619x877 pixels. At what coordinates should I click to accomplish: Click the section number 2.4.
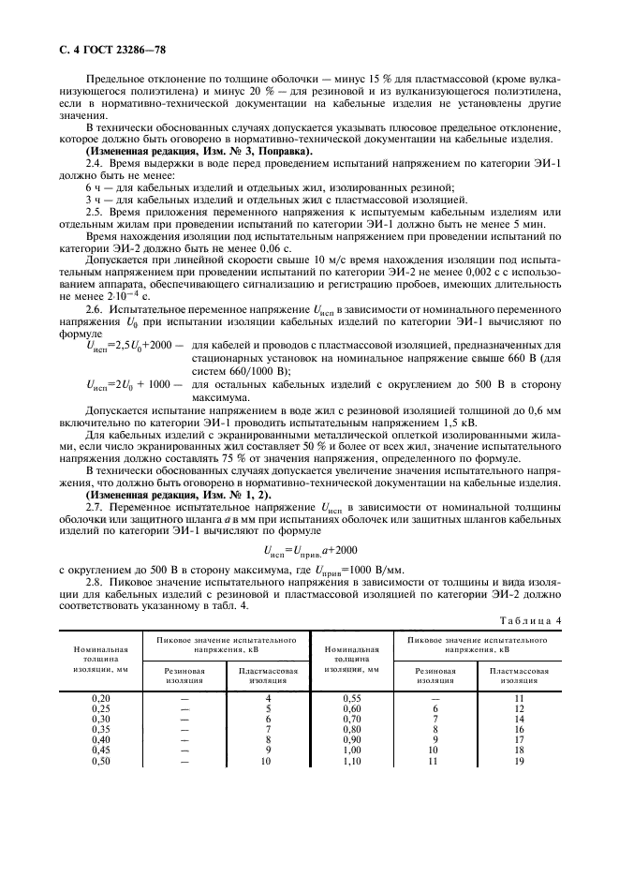[x=96, y=162]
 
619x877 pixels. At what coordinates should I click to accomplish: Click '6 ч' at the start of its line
[x=94, y=187]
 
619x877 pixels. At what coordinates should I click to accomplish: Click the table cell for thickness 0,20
[x=99, y=698]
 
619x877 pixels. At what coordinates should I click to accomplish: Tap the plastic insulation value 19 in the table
[x=520, y=762]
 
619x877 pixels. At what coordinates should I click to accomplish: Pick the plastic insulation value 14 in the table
[x=520, y=720]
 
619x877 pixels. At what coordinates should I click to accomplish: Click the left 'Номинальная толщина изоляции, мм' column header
[x=99, y=661]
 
